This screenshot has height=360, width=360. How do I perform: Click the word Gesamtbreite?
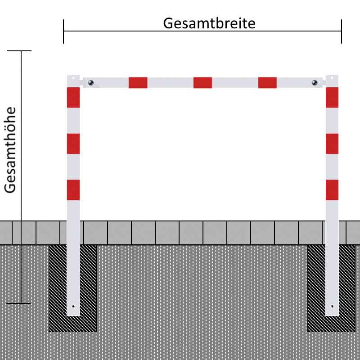pos(209,23)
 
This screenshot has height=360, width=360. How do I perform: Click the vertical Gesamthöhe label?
pos(10,150)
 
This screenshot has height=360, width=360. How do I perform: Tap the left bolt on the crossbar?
pos(91,83)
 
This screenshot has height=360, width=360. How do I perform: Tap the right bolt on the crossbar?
pos(315,83)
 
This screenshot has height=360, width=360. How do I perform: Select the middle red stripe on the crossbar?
pos(202,83)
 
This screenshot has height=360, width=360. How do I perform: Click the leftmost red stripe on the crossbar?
pos(138,83)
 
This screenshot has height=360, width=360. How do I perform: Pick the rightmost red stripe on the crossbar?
pos(267,83)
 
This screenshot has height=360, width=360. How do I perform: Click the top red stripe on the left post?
pos(73,97)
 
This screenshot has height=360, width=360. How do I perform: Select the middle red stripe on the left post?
pos(73,144)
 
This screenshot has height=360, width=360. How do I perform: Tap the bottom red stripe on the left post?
pos(73,190)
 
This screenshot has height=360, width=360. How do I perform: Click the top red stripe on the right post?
pos(332,97)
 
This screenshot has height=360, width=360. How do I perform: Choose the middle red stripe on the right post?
pos(332,144)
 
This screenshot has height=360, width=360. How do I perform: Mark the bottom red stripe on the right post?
pos(332,190)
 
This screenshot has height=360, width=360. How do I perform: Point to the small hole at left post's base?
pos(73,306)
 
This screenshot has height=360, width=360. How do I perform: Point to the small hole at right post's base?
pos(332,306)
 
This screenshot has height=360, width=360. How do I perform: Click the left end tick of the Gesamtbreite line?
pos(63,31)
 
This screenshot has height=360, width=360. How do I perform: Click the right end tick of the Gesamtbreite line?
pos(342,31)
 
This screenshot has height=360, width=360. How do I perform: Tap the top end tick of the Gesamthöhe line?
pos(19,51)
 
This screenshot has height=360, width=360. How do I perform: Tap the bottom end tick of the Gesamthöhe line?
pos(18,303)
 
